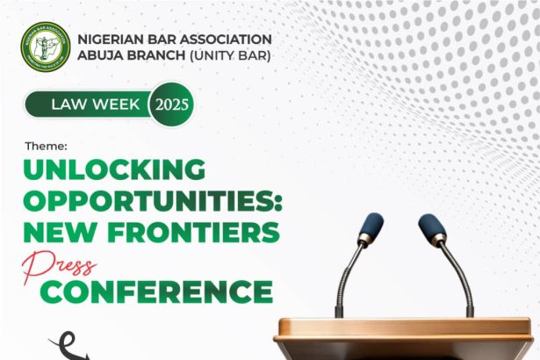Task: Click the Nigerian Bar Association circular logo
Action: [46, 47]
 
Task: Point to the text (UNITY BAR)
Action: [230, 55]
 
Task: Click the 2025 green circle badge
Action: [171, 104]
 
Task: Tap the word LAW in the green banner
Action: [67, 104]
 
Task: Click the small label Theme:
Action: [47, 146]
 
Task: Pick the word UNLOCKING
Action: [114, 169]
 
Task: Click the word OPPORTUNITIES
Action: [148, 200]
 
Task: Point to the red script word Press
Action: [59, 266]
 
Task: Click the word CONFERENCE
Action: [156, 292]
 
